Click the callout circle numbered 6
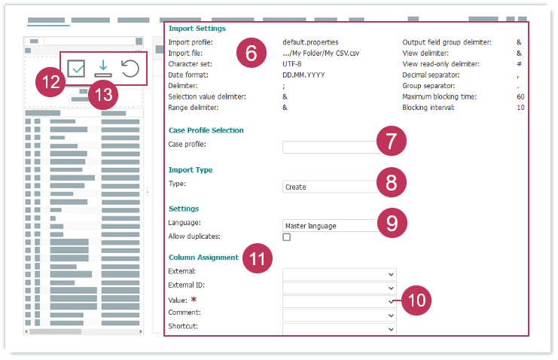click(252, 53)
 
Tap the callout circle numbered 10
click(416, 301)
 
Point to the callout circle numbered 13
click(103, 95)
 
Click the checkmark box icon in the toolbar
click(76, 69)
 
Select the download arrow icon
click(103, 69)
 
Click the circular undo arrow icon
click(130, 69)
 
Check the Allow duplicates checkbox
click(286, 236)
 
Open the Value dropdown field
click(339, 301)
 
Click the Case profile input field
click(330, 147)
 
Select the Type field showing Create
click(330, 187)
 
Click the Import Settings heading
click(197, 29)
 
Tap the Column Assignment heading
click(203, 258)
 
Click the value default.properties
click(310, 42)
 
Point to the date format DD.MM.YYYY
click(303, 75)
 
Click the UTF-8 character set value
click(292, 64)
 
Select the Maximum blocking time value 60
click(520, 97)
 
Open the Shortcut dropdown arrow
click(391, 329)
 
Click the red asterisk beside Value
click(194, 300)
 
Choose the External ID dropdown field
click(339, 288)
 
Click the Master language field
click(331, 226)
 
